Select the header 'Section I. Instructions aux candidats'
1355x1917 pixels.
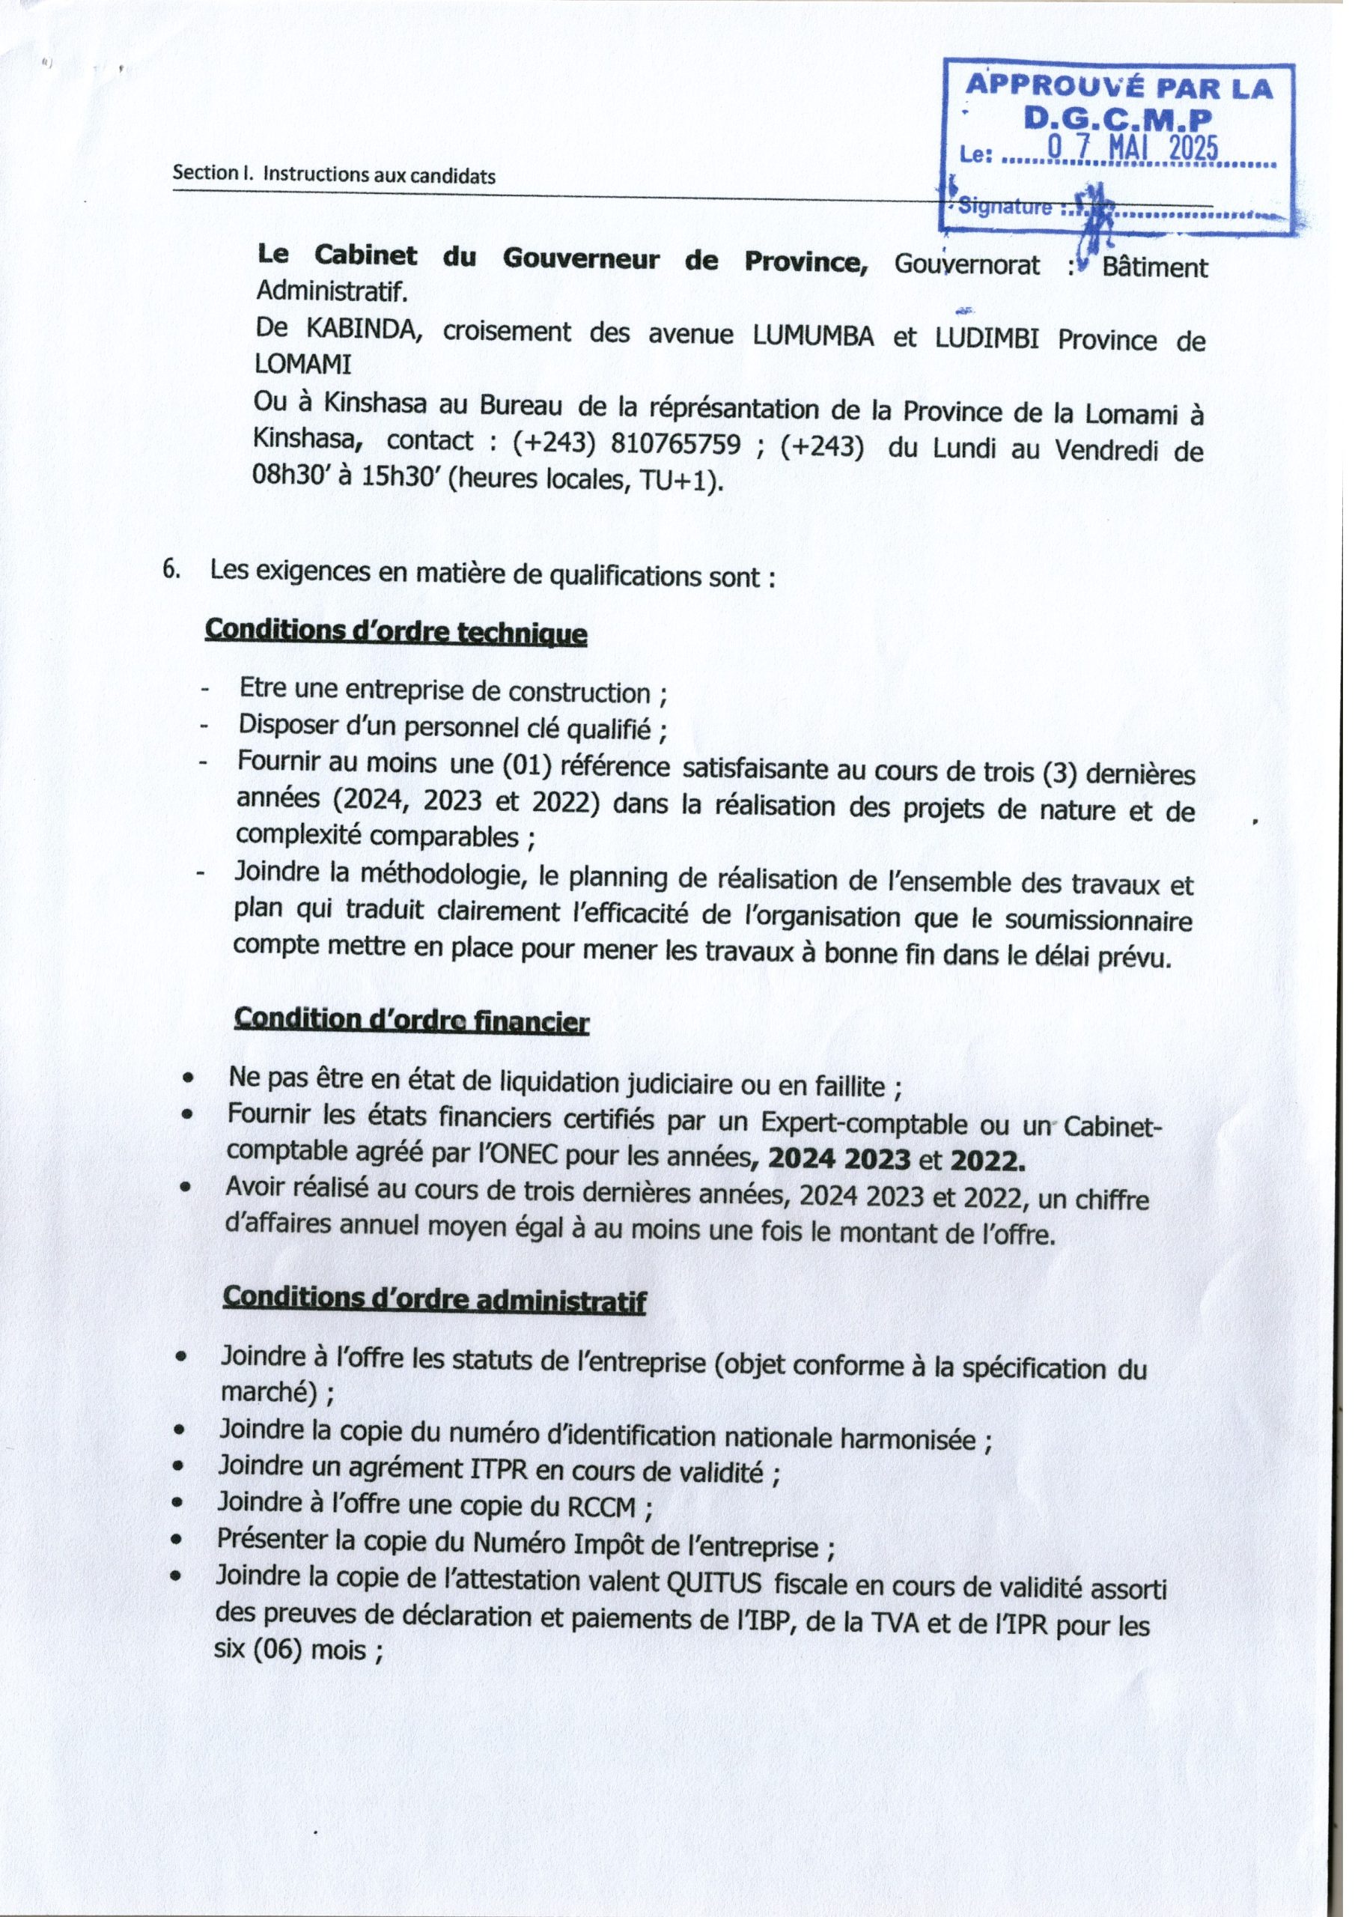(x=334, y=175)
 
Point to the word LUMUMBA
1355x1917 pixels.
(x=812, y=335)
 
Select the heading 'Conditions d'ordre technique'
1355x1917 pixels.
(x=396, y=631)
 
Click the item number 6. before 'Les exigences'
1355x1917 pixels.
(x=171, y=571)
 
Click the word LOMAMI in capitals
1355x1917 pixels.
(x=303, y=364)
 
